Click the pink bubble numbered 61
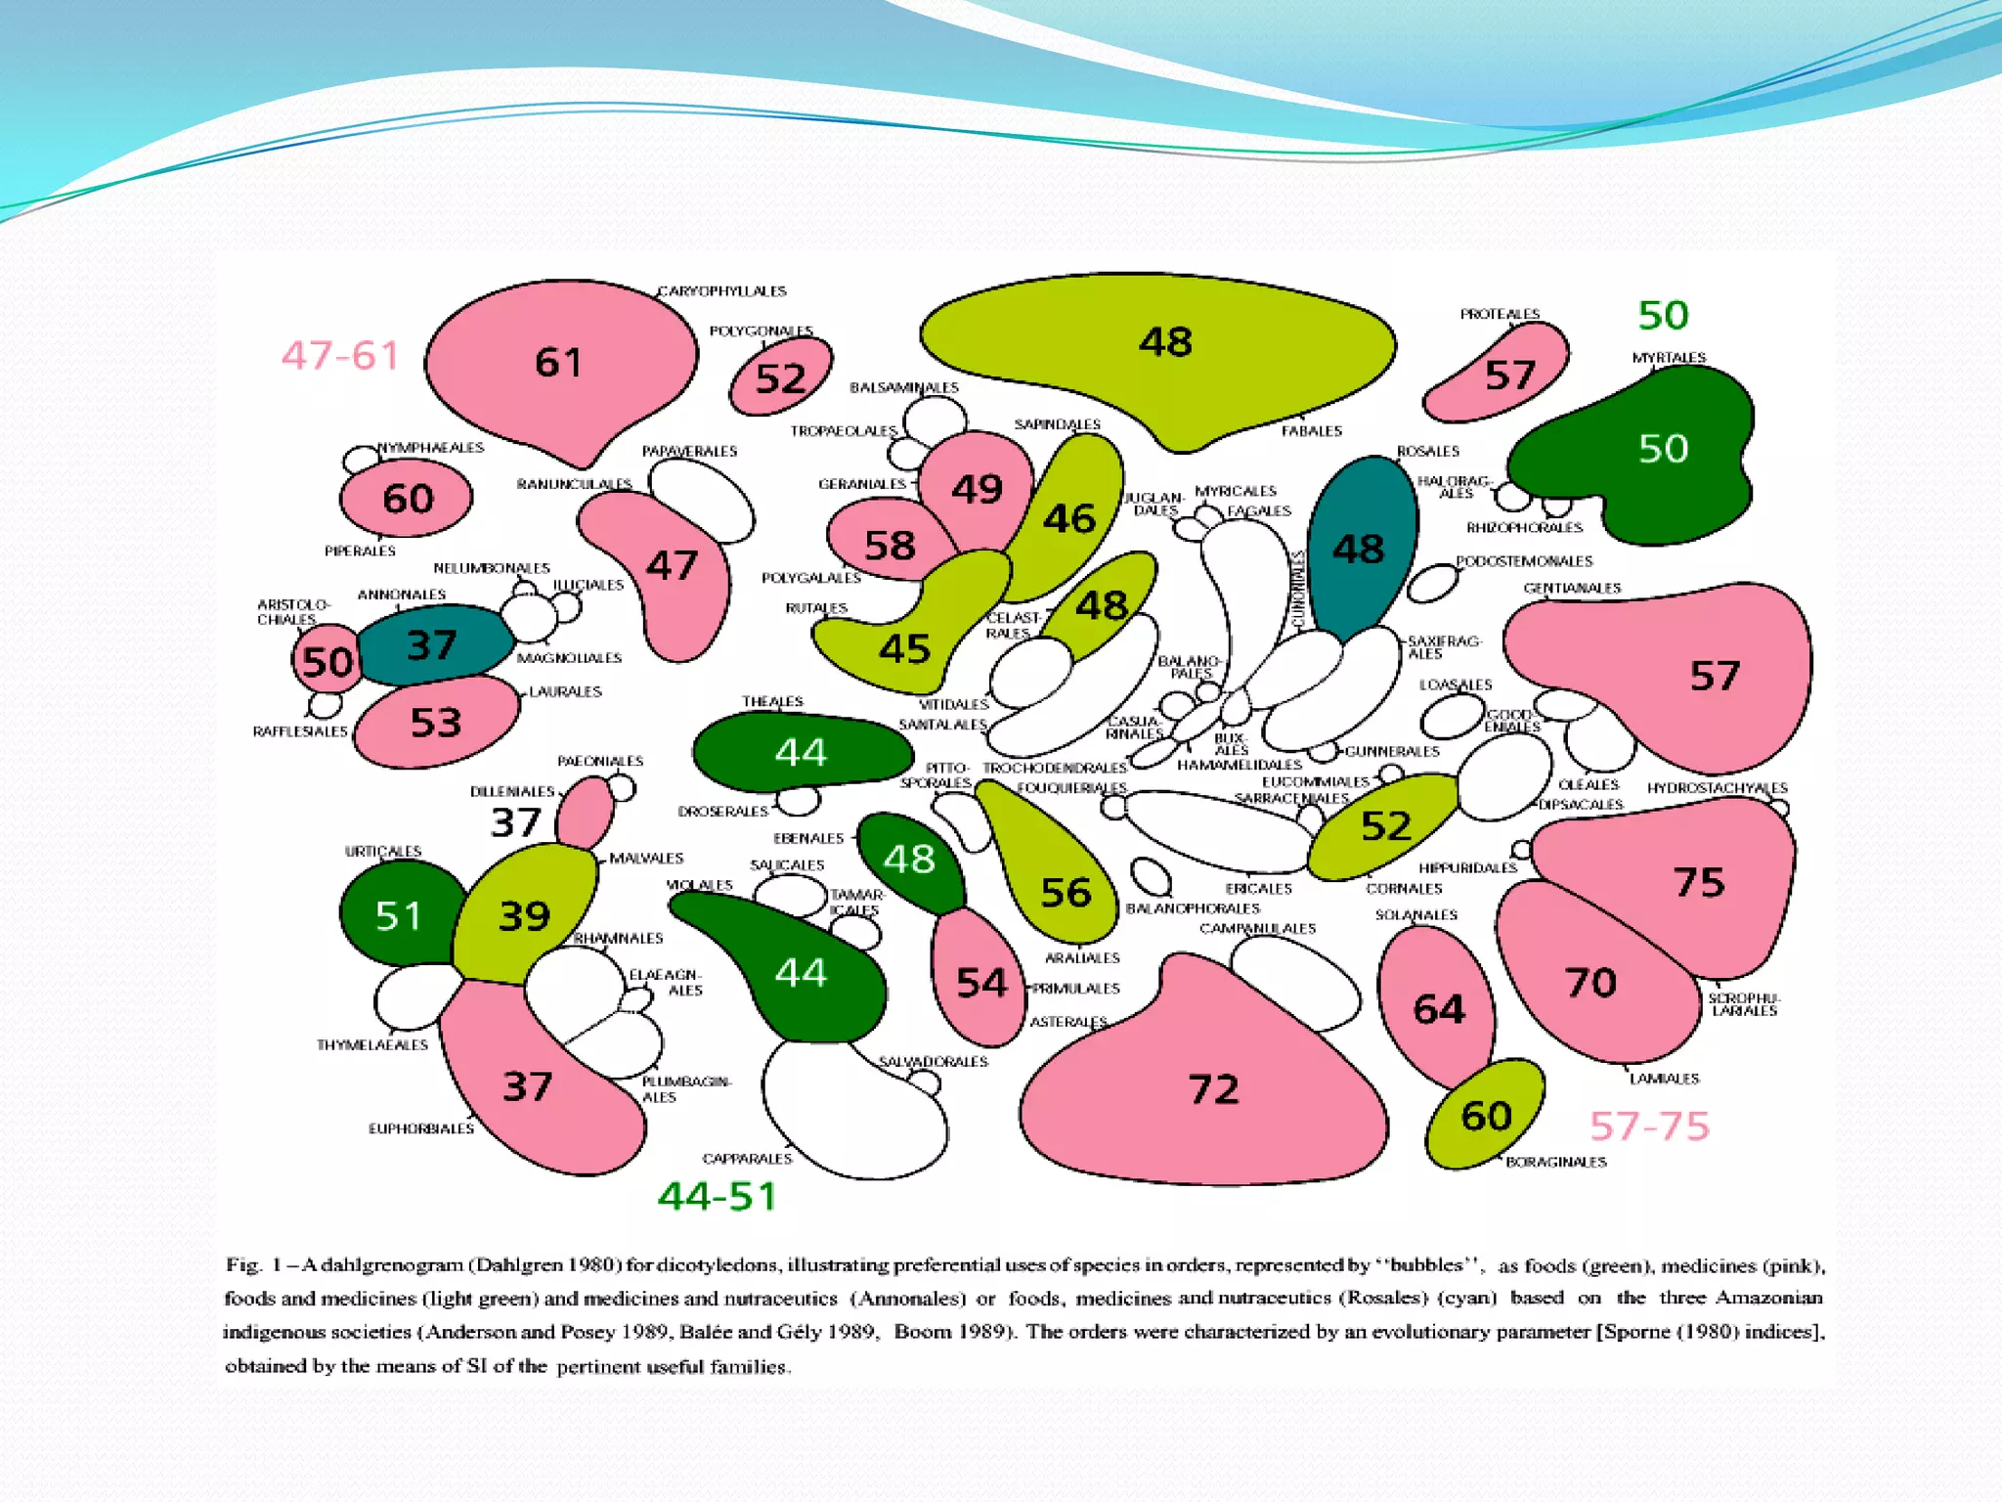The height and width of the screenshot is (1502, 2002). [x=559, y=364]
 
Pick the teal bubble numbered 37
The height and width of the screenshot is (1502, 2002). [x=432, y=645]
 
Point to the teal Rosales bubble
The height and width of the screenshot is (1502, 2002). [x=1359, y=548]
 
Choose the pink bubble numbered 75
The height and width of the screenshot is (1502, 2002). [x=1698, y=882]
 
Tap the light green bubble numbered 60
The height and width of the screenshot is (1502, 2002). [x=1485, y=1116]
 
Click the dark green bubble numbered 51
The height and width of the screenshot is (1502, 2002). [x=398, y=916]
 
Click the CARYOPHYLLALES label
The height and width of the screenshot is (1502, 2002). [x=721, y=291]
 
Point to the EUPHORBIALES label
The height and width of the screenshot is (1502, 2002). [x=420, y=1128]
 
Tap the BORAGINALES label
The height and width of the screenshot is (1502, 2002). [x=1555, y=1163]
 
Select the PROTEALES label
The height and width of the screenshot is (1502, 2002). [x=1500, y=314]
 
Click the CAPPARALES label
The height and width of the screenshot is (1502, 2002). [x=747, y=1159]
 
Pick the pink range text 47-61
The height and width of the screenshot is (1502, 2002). [x=340, y=355]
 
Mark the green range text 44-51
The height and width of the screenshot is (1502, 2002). [x=718, y=1196]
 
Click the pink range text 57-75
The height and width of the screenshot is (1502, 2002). [x=1649, y=1126]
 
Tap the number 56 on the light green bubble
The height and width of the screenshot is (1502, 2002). [x=1065, y=893]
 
